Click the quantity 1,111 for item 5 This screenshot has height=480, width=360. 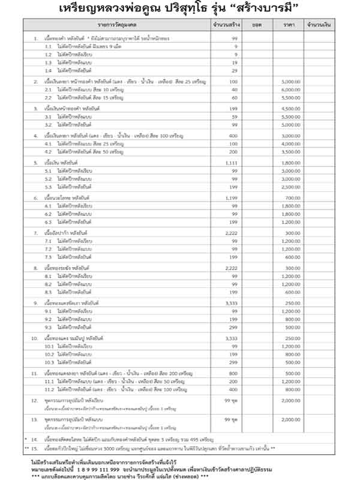(235, 163)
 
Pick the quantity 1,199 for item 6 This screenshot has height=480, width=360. (235, 197)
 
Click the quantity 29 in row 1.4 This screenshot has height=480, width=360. (235, 70)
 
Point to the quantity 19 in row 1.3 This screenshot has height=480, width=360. (235, 62)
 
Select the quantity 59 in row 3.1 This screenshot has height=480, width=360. (235, 116)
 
